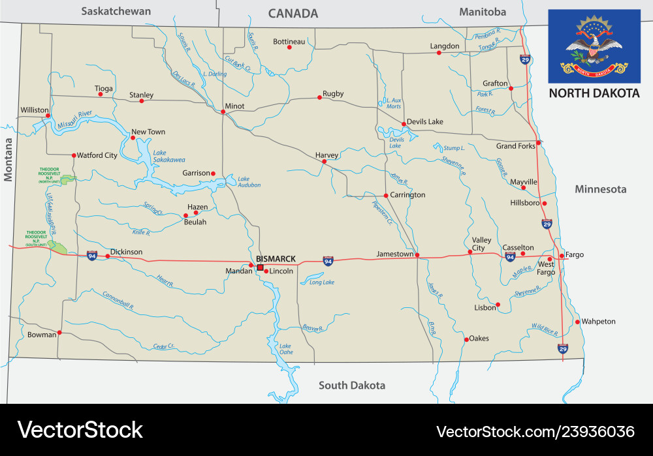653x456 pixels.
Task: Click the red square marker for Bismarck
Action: (260, 267)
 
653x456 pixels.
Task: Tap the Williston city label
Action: (35, 110)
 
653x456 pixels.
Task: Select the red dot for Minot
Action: (223, 112)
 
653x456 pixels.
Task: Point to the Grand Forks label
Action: (515, 146)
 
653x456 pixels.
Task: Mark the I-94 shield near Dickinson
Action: (92, 255)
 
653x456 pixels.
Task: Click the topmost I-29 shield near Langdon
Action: (525, 59)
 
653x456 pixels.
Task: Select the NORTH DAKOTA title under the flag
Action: (594, 93)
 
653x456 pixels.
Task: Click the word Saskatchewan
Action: (116, 11)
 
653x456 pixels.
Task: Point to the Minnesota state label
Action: (600, 189)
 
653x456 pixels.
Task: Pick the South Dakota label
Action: (351, 385)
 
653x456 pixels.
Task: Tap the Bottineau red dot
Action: (289, 47)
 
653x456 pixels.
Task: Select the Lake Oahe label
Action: (286, 349)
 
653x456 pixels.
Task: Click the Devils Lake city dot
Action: (404, 123)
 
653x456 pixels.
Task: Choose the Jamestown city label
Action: (395, 254)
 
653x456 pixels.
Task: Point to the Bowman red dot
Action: (59, 333)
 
